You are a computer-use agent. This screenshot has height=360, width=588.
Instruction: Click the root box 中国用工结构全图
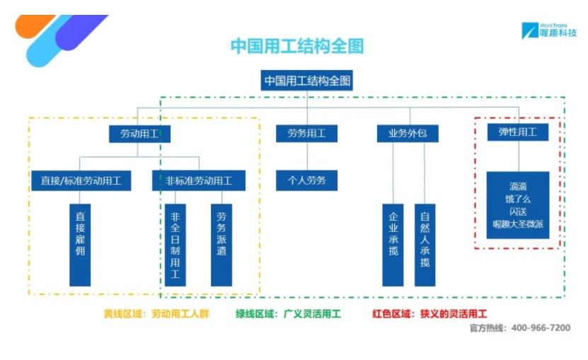point(307,80)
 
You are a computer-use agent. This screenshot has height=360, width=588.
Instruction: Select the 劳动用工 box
point(139,134)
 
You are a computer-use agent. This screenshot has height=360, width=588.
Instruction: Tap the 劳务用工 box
point(307,133)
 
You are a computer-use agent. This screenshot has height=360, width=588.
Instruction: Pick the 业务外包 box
point(408,133)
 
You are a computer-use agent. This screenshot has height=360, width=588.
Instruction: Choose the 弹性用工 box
point(518,132)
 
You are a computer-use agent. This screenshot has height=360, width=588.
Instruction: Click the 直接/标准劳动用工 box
point(81,181)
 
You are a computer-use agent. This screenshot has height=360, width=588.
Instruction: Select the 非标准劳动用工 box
point(199,181)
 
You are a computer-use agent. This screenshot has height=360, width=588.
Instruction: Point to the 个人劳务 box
point(307,180)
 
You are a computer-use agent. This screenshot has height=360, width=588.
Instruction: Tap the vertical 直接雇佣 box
point(80,245)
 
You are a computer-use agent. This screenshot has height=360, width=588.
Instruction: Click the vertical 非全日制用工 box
point(175,245)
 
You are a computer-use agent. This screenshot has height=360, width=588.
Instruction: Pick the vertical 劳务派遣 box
point(221,245)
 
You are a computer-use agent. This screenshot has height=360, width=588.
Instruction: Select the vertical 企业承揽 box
point(393,245)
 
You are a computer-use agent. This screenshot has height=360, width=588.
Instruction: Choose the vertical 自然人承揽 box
point(425,245)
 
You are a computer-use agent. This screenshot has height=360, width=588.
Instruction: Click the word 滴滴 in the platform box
point(518,187)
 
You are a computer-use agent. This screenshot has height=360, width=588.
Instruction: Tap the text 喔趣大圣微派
point(518,224)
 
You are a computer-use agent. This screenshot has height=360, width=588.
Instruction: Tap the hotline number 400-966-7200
point(541,327)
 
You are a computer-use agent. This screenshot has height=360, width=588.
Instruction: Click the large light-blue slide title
point(297,46)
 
